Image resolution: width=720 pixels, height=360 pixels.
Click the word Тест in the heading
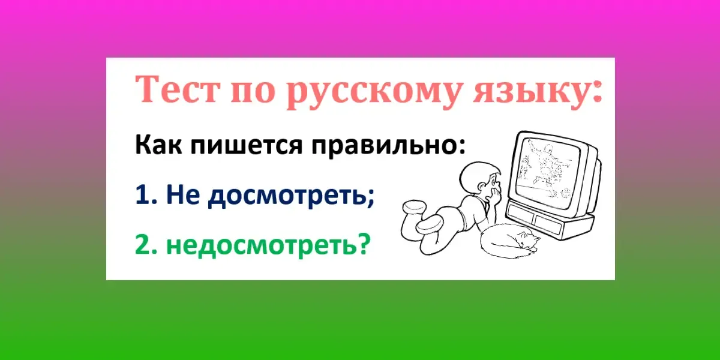pos(176,89)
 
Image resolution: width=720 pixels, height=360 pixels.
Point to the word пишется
pos(247,146)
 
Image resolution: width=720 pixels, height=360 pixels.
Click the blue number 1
pos(142,195)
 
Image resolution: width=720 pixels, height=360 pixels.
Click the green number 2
pos(142,244)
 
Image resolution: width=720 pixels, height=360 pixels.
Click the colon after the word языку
pos(596,93)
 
